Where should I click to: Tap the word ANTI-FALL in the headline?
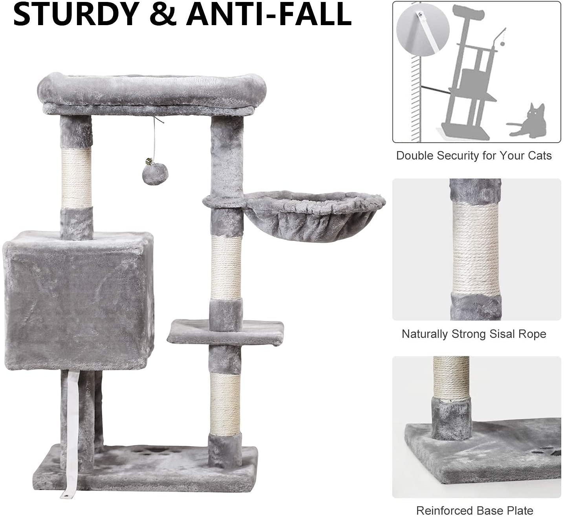[269, 14]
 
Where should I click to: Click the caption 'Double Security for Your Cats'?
[474, 156]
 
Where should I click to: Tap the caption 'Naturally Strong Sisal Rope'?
[474, 334]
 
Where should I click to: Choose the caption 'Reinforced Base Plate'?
[474, 510]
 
